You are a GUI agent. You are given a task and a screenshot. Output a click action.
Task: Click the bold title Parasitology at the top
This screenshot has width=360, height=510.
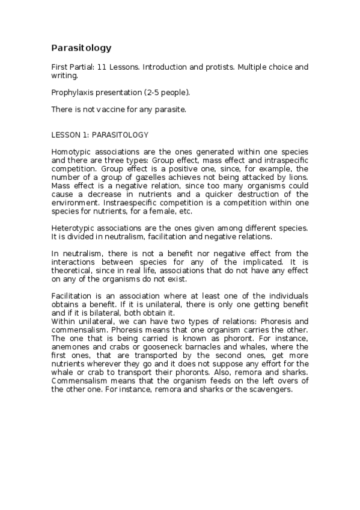[81, 48]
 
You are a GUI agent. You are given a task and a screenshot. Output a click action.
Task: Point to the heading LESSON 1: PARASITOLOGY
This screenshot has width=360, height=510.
[100, 135]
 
